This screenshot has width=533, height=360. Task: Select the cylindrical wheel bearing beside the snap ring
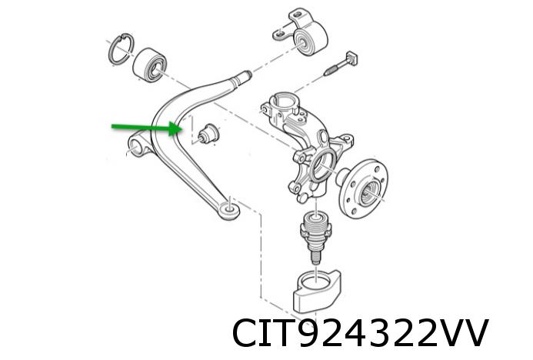point(149,65)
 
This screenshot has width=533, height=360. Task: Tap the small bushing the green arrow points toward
point(208,134)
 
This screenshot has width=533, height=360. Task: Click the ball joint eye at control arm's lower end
point(229,211)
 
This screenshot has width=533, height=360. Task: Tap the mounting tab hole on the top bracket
point(279,33)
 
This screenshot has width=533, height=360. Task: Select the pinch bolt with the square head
point(341,63)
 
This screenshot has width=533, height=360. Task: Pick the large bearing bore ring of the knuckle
point(322,165)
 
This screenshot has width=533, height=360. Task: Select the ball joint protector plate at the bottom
point(317,291)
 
